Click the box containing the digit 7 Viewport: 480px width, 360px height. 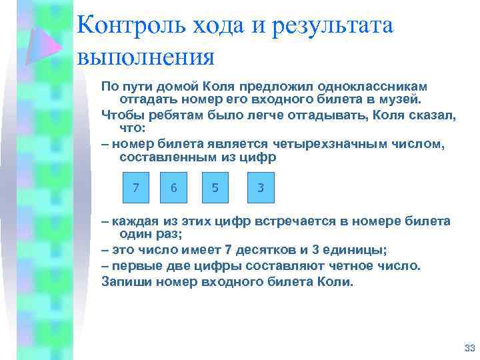136,188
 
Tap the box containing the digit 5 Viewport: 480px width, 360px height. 215,188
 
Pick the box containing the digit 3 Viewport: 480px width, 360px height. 261,188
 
